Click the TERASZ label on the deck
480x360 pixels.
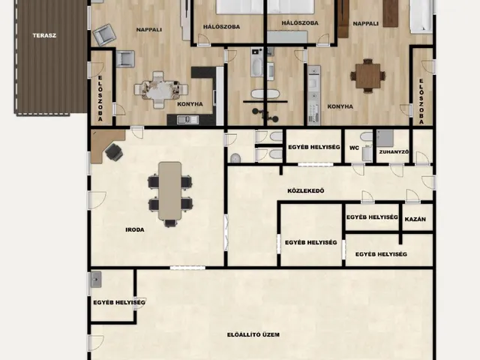44,35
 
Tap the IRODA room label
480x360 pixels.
135,229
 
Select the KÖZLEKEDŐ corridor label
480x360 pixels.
306,191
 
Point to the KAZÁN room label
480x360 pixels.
415,219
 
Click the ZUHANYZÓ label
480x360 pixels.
394,151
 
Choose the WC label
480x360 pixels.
354,148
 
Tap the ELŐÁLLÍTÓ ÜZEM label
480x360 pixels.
253,334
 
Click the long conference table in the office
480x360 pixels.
170,190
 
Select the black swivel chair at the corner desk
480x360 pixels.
114,151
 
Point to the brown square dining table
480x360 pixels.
367,76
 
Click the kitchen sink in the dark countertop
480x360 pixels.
187,120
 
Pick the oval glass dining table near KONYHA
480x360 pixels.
161,90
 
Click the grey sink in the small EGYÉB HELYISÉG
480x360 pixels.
96,279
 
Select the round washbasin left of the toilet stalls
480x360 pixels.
235,158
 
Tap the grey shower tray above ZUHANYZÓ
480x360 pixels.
385,138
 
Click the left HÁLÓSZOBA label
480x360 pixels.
221,27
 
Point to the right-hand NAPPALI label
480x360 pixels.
365,23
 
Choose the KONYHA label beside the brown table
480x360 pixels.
340,106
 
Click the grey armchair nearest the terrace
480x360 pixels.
105,34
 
